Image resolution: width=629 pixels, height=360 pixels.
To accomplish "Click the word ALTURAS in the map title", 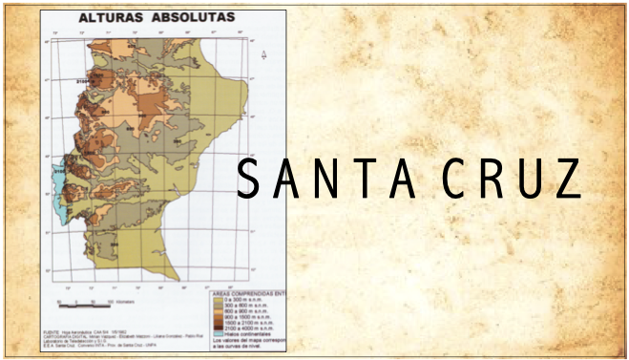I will (108, 17).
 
